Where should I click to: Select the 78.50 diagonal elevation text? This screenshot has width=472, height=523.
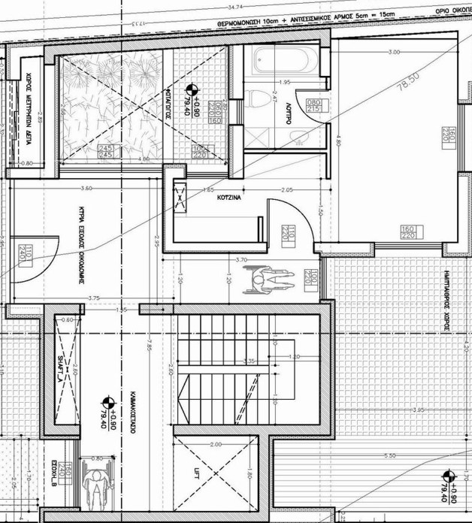(x=408, y=80)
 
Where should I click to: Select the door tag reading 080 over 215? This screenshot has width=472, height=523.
(x=313, y=106)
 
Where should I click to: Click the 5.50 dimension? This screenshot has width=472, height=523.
(x=389, y=456)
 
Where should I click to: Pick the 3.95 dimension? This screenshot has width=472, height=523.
(x=419, y=410)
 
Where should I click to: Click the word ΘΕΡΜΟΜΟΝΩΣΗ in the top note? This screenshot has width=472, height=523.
(x=244, y=24)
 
